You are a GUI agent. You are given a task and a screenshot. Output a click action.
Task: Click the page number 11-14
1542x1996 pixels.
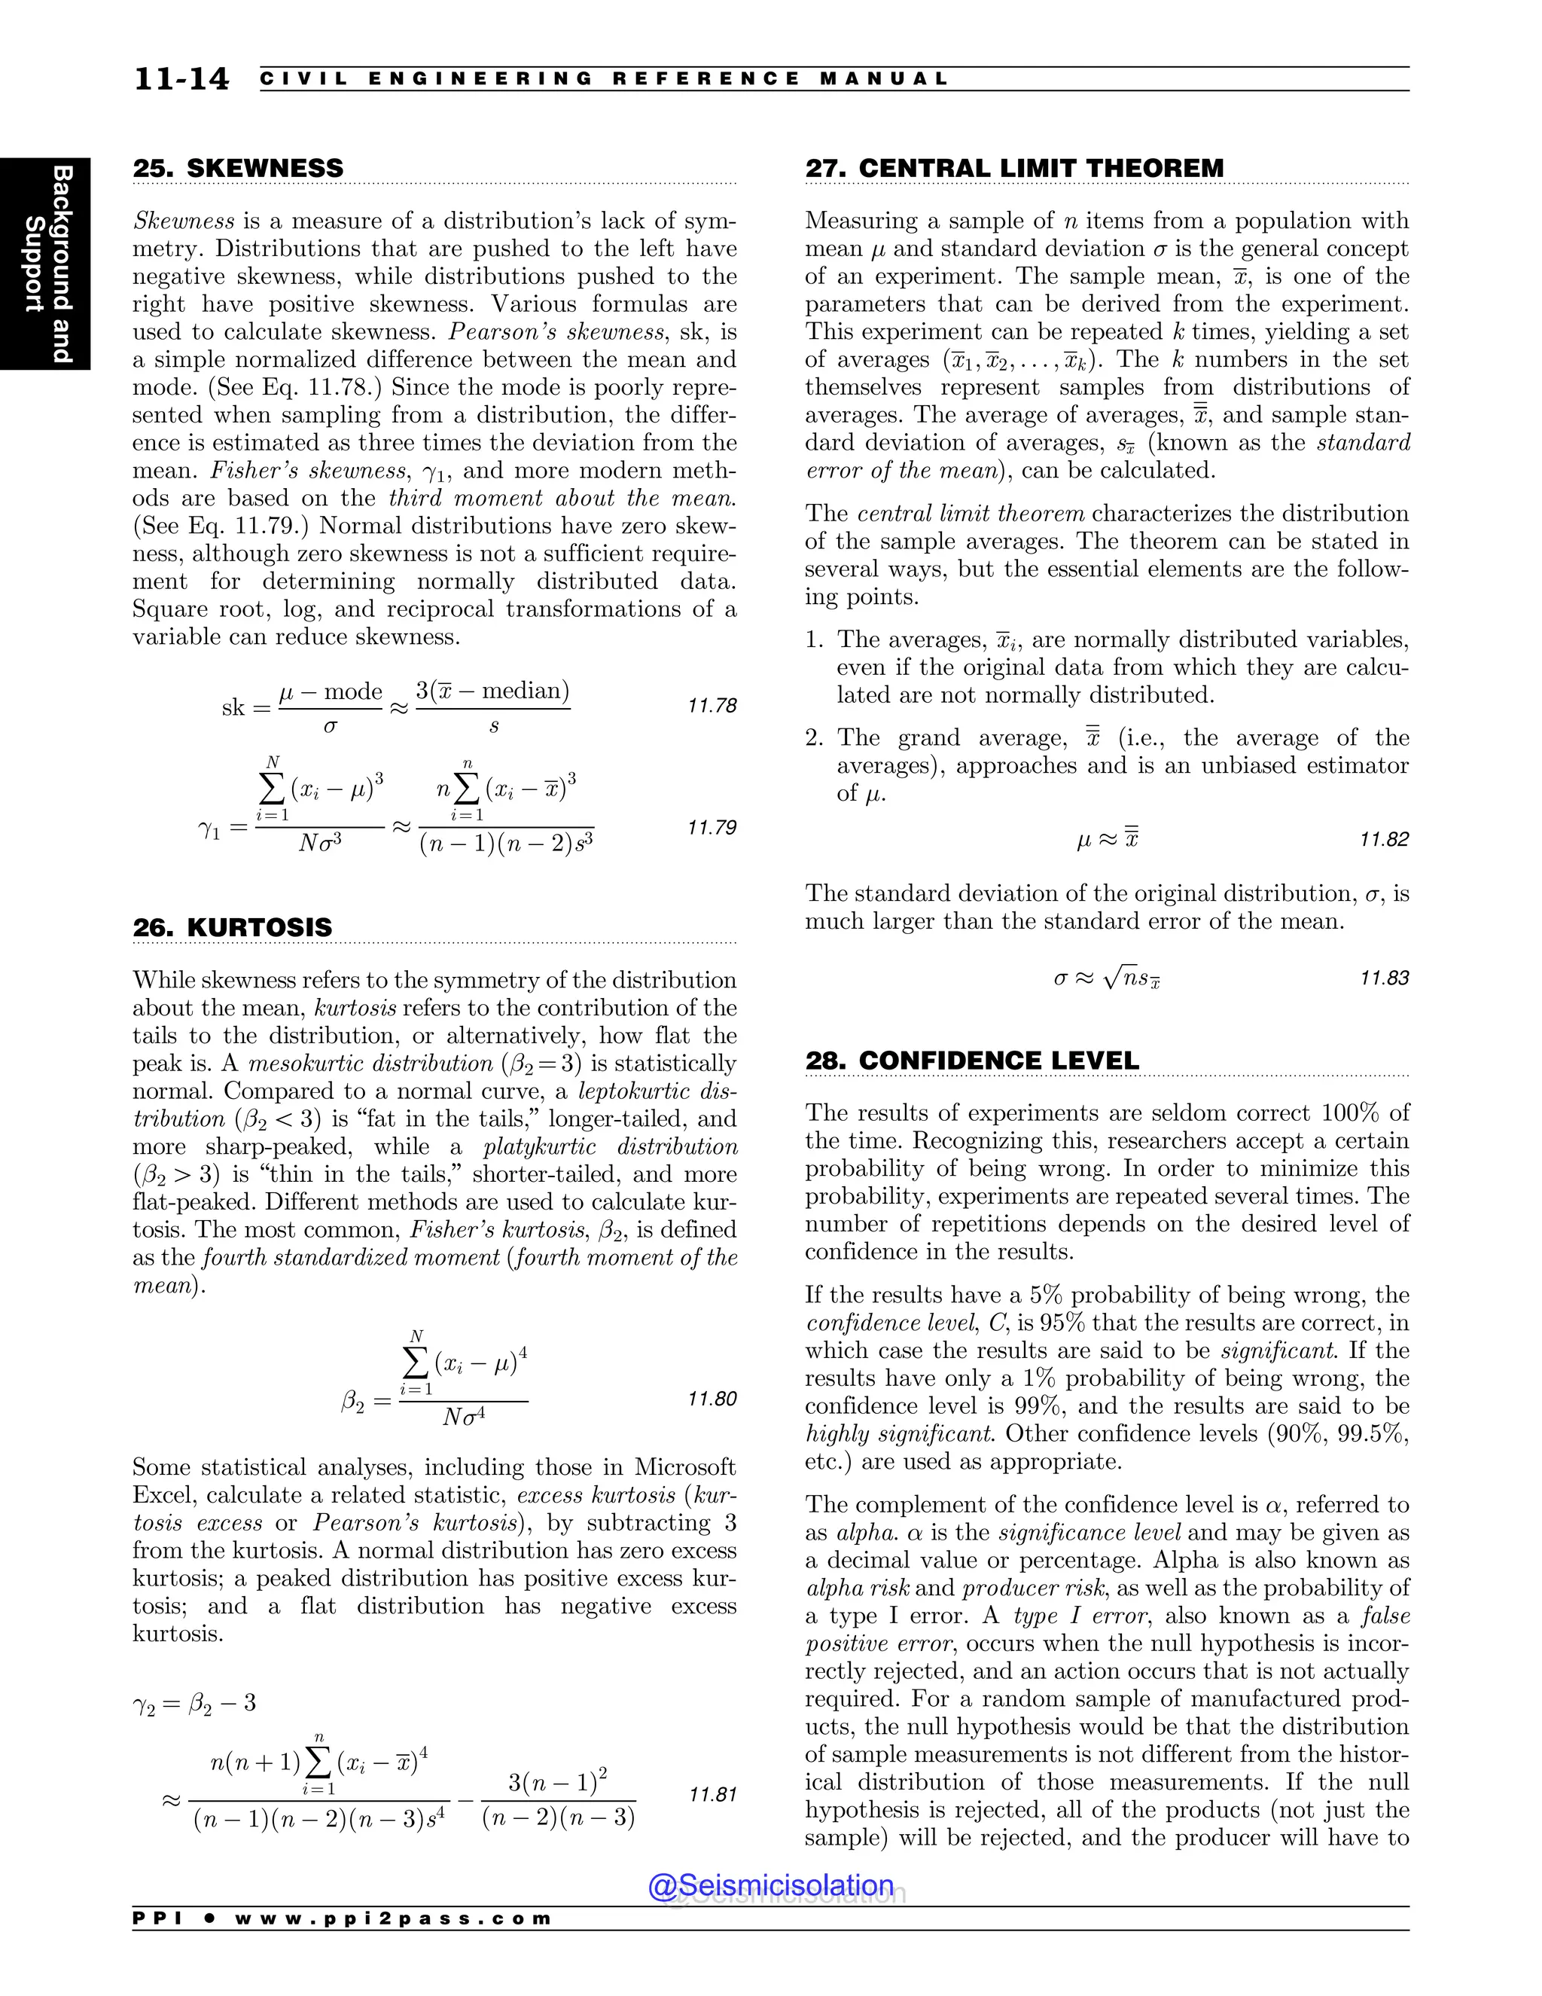tap(181, 78)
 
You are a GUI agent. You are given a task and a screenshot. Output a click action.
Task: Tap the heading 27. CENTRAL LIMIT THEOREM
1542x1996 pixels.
tap(1014, 168)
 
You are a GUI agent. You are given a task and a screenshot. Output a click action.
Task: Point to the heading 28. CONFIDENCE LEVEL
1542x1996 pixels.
tap(972, 1061)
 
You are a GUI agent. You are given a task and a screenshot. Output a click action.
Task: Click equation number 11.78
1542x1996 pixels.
tap(712, 706)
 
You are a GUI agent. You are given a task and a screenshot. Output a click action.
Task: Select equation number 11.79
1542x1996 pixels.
tap(712, 827)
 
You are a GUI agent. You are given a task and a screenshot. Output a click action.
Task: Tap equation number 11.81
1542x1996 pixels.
tap(712, 1794)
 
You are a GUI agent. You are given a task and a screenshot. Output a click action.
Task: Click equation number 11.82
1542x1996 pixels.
tap(1384, 839)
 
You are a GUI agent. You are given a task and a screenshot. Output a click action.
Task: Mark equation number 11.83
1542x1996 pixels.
tap(1384, 978)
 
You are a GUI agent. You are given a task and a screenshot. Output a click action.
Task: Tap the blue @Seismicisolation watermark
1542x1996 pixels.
tap(770, 1885)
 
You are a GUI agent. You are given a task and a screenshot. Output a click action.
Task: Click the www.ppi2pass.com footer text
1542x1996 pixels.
tap(393, 1918)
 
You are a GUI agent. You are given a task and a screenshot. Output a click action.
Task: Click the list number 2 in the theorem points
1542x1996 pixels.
tap(813, 737)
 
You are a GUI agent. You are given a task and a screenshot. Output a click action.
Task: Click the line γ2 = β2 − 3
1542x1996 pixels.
tap(194, 1703)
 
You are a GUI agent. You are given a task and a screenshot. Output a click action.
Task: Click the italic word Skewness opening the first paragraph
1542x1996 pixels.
tap(184, 221)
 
